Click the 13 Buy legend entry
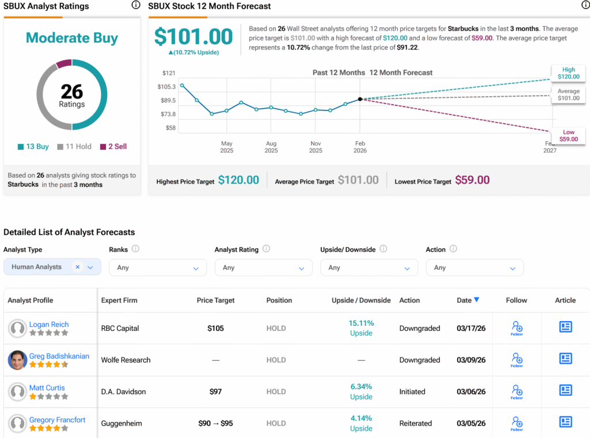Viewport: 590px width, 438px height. coord(33,147)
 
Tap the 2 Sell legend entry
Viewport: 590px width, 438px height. coord(114,147)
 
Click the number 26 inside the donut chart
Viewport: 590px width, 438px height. coord(72,92)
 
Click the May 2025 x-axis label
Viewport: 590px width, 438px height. coord(226,147)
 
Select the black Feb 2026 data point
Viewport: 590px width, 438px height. coord(360,99)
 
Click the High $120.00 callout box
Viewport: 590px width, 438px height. coord(568,73)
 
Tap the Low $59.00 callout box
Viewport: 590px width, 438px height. coord(568,136)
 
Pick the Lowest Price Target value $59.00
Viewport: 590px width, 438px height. coord(472,180)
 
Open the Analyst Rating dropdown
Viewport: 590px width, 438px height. coord(263,268)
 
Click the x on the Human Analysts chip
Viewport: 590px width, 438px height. coord(77,267)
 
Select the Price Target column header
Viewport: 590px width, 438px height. coord(215,300)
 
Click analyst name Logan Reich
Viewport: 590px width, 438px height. coord(49,325)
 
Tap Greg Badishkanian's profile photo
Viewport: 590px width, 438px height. coord(18,360)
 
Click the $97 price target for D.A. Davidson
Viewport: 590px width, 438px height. coord(215,392)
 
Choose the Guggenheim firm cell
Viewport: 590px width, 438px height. coord(122,424)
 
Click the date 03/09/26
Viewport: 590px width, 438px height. coord(471,360)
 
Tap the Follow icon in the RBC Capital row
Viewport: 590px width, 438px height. coord(517,328)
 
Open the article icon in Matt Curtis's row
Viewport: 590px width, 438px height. coord(566,391)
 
